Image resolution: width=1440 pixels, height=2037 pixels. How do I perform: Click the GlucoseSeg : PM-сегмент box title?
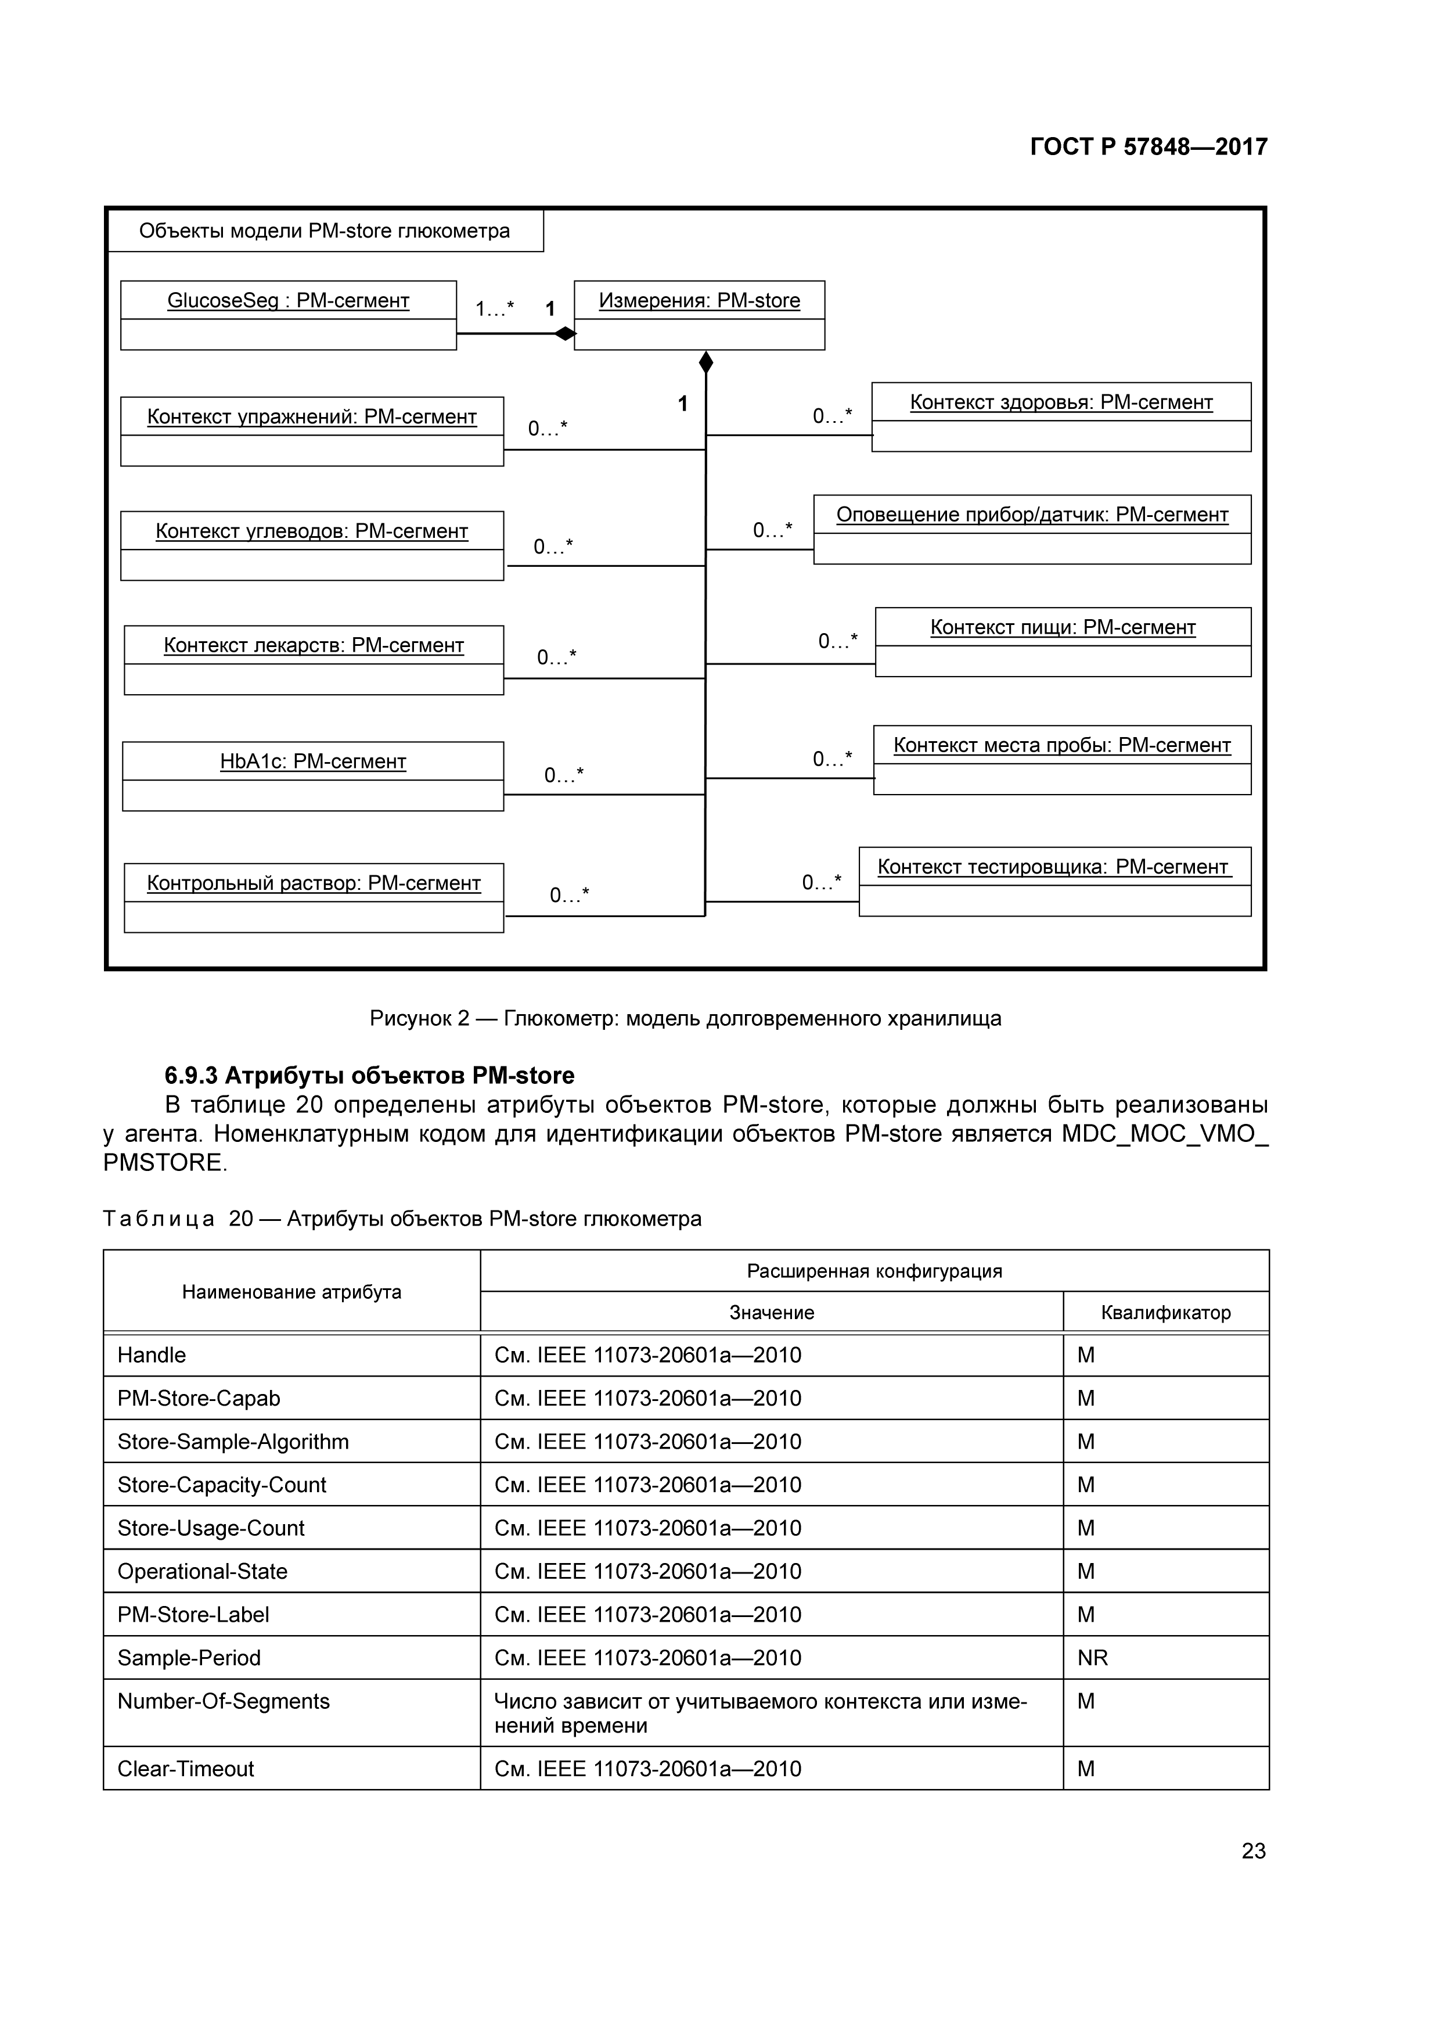288,301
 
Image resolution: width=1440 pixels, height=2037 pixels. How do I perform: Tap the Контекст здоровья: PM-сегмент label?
1060,402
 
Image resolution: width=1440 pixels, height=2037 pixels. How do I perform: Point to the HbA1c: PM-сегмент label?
313,761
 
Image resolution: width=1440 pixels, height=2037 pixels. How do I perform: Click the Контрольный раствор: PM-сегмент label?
314,883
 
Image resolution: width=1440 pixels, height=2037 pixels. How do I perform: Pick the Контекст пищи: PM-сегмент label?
1062,627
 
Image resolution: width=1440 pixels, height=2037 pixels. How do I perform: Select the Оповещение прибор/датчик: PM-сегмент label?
1032,515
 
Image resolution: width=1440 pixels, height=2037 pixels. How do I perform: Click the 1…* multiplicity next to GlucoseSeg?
494,309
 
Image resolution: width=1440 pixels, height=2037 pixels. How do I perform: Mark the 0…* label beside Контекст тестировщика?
821,882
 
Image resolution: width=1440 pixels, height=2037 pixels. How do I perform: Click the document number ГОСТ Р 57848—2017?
1149,146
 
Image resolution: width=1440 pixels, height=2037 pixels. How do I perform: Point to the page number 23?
1253,1851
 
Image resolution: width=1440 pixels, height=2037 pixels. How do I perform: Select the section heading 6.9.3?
369,1075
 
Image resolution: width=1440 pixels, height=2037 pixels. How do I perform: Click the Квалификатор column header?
1165,1312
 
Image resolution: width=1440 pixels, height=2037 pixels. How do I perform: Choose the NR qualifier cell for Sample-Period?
1092,1657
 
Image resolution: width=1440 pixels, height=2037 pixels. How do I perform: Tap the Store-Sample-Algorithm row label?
233,1442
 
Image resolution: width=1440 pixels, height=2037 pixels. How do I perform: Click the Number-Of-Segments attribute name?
224,1701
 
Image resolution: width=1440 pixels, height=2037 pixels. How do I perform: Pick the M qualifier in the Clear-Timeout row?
1086,1768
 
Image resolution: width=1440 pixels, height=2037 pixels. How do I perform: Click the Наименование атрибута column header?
291,1292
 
